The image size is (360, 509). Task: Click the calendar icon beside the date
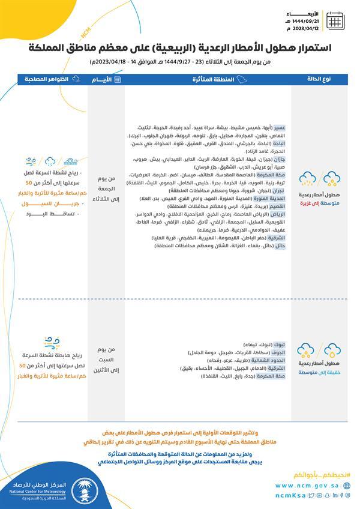click(335, 20)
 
